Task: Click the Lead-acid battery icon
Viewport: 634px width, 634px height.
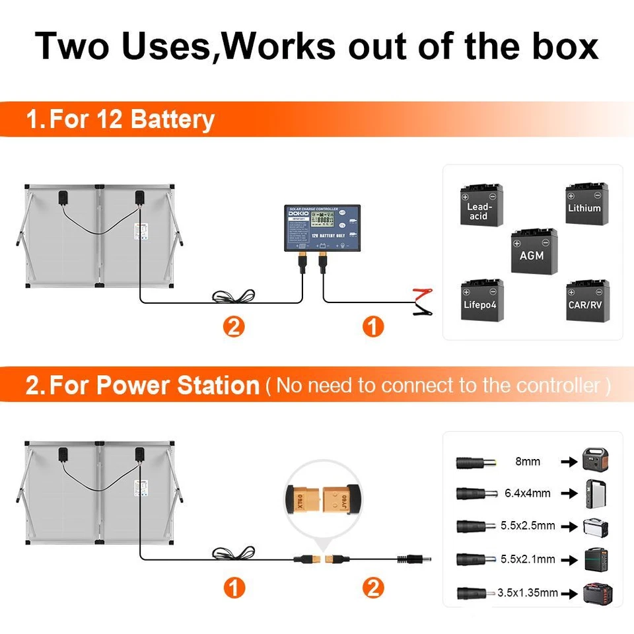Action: click(x=481, y=206)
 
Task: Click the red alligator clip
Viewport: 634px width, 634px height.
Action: click(x=421, y=293)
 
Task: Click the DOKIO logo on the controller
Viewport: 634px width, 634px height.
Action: click(x=295, y=216)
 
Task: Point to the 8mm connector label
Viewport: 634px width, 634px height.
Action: click(x=527, y=462)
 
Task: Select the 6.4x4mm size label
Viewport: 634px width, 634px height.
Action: click(x=527, y=493)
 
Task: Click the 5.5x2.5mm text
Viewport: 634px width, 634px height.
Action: click(x=528, y=526)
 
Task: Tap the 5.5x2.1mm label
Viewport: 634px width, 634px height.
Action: click(x=528, y=559)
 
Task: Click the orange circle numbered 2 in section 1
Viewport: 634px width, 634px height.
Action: click(x=234, y=326)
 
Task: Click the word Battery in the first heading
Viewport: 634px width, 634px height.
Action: click(x=172, y=120)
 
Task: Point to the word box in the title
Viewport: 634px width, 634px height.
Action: click(x=559, y=46)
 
